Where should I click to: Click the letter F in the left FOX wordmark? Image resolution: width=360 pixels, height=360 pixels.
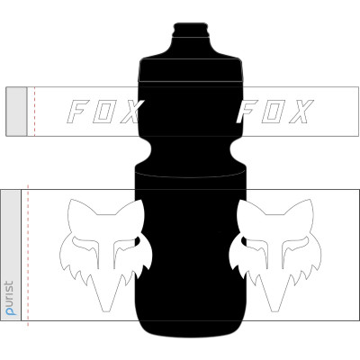[79, 112]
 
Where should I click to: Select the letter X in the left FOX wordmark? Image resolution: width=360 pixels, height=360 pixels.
[130, 112]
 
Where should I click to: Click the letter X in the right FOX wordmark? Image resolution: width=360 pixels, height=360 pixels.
[301, 112]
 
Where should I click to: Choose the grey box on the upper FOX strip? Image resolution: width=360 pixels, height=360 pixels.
[17, 112]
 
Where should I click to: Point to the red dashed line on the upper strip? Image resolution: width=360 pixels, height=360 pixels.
[34, 112]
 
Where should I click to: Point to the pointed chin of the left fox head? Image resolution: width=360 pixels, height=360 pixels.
[106, 304]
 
